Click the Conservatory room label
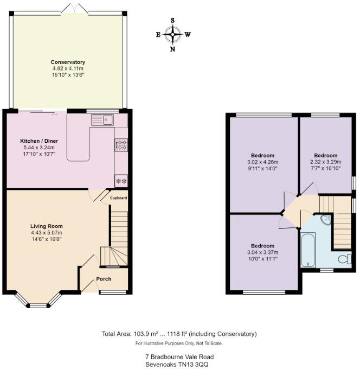pyautogui.click(x=68, y=62)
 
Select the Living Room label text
pyautogui.click(x=47, y=226)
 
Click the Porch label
pyautogui.click(x=104, y=279)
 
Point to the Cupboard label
pyautogui.click(x=119, y=198)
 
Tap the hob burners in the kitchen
pyautogui.click(x=120, y=144)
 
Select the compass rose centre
pyautogui.click(x=173, y=35)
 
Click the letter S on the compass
pyautogui.click(x=173, y=21)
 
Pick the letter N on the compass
pyautogui.click(x=173, y=49)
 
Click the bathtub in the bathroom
pyautogui.click(x=307, y=250)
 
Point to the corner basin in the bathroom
pyautogui.click(x=326, y=220)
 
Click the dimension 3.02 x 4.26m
pyautogui.click(x=262, y=162)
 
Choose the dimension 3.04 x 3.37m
pyautogui.click(x=262, y=252)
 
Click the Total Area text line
pyautogui.click(x=179, y=334)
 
